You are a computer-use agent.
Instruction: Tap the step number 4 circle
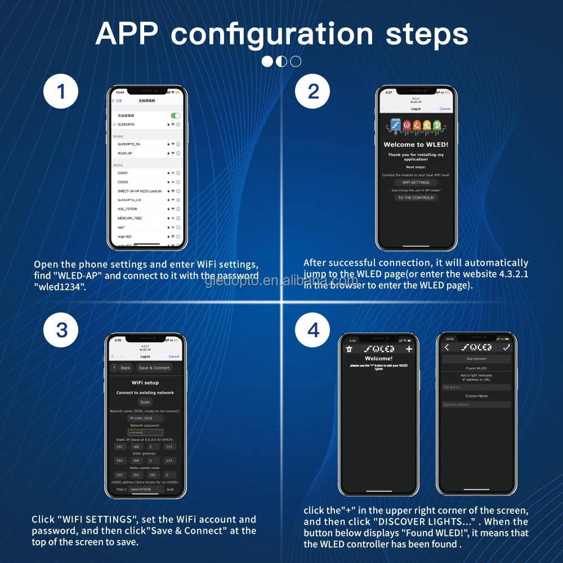314,330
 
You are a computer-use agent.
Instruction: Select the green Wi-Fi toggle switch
176,115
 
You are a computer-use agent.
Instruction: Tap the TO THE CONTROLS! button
416,198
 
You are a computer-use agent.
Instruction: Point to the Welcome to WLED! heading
415,145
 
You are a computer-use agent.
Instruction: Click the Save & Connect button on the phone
154,368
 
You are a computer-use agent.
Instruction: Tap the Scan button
145,402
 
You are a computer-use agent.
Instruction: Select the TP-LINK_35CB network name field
145,418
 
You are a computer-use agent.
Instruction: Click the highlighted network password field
145,432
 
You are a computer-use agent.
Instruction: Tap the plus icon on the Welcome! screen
409,349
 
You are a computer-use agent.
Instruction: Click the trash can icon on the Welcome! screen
349,349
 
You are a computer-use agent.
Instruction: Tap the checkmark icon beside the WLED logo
506,348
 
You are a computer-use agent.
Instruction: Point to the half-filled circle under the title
281,61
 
